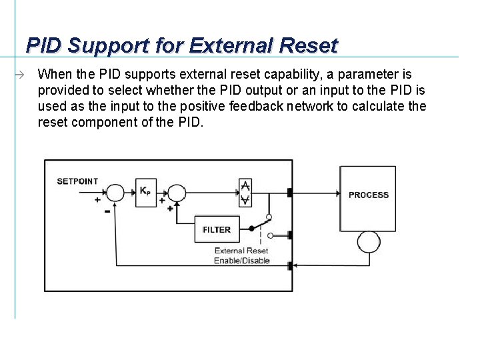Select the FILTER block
tap(217, 229)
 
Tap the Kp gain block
tap(145, 192)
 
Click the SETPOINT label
tap(77, 181)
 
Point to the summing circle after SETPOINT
tap(115, 193)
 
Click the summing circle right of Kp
tap(176, 193)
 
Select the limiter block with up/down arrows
tap(245, 192)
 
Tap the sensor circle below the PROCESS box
tap(368, 242)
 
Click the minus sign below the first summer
tap(107, 212)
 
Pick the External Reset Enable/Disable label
tap(241, 255)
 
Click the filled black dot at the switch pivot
tap(251, 229)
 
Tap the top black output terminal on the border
tap(289, 193)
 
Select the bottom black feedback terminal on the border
tap(289, 266)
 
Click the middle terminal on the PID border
tap(289, 235)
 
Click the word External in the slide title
tap(227, 45)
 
